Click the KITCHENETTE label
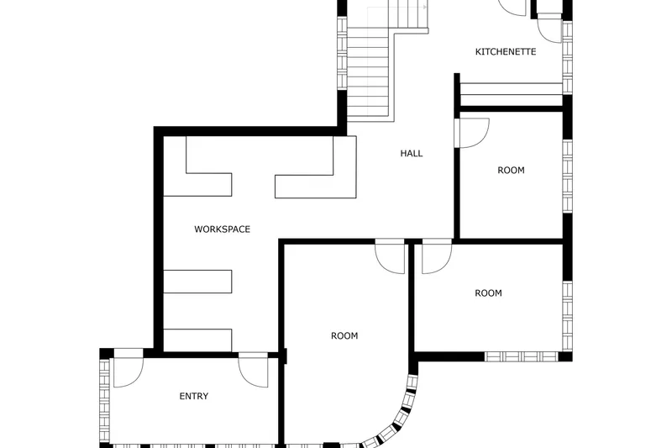click(506, 52)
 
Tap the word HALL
click(412, 154)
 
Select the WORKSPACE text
click(222, 229)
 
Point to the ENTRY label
click(194, 396)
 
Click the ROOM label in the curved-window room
click(344, 335)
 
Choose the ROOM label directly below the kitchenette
click(511, 170)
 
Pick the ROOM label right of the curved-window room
click(488, 293)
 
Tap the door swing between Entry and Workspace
click(253, 371)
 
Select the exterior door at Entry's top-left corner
click(129, 369)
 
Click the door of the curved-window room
click(390, 256)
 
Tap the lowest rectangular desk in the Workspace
click(197, 340)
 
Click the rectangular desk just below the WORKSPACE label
click(197, 282)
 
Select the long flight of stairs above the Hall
click(368, 73)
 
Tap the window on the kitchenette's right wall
click(567, 57)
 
